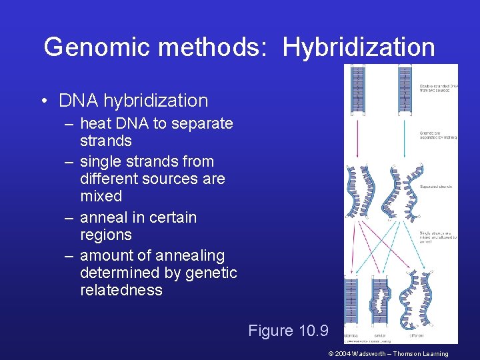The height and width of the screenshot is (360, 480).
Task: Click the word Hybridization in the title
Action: (359, 47)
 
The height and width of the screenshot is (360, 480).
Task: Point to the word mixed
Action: (101, 196)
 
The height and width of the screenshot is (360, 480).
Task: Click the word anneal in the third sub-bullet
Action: (101, 217)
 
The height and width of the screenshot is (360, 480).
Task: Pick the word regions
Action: (105, 235)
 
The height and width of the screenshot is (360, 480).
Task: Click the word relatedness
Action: (121, 290)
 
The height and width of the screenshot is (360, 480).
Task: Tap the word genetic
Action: (211, 273)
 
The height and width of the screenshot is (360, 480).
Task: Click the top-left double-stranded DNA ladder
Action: (358, 89)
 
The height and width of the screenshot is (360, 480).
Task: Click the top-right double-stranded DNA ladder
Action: (403, 89)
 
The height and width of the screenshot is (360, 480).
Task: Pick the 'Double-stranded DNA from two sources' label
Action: (437, 87)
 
